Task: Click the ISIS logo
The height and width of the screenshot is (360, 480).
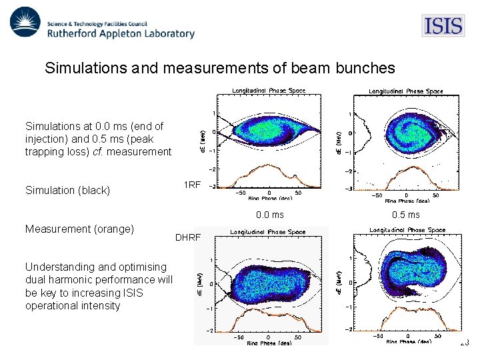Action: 443,26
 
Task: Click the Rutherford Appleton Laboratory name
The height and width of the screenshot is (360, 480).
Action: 121,33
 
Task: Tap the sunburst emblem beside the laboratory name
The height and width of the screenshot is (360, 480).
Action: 25,23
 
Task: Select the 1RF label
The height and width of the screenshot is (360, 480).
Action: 191,185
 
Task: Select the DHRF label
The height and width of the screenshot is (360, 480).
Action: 187,237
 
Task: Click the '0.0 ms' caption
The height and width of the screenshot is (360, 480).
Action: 269,215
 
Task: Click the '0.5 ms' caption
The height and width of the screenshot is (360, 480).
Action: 405,215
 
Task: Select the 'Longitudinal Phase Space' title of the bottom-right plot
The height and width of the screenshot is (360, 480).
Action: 406,230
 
